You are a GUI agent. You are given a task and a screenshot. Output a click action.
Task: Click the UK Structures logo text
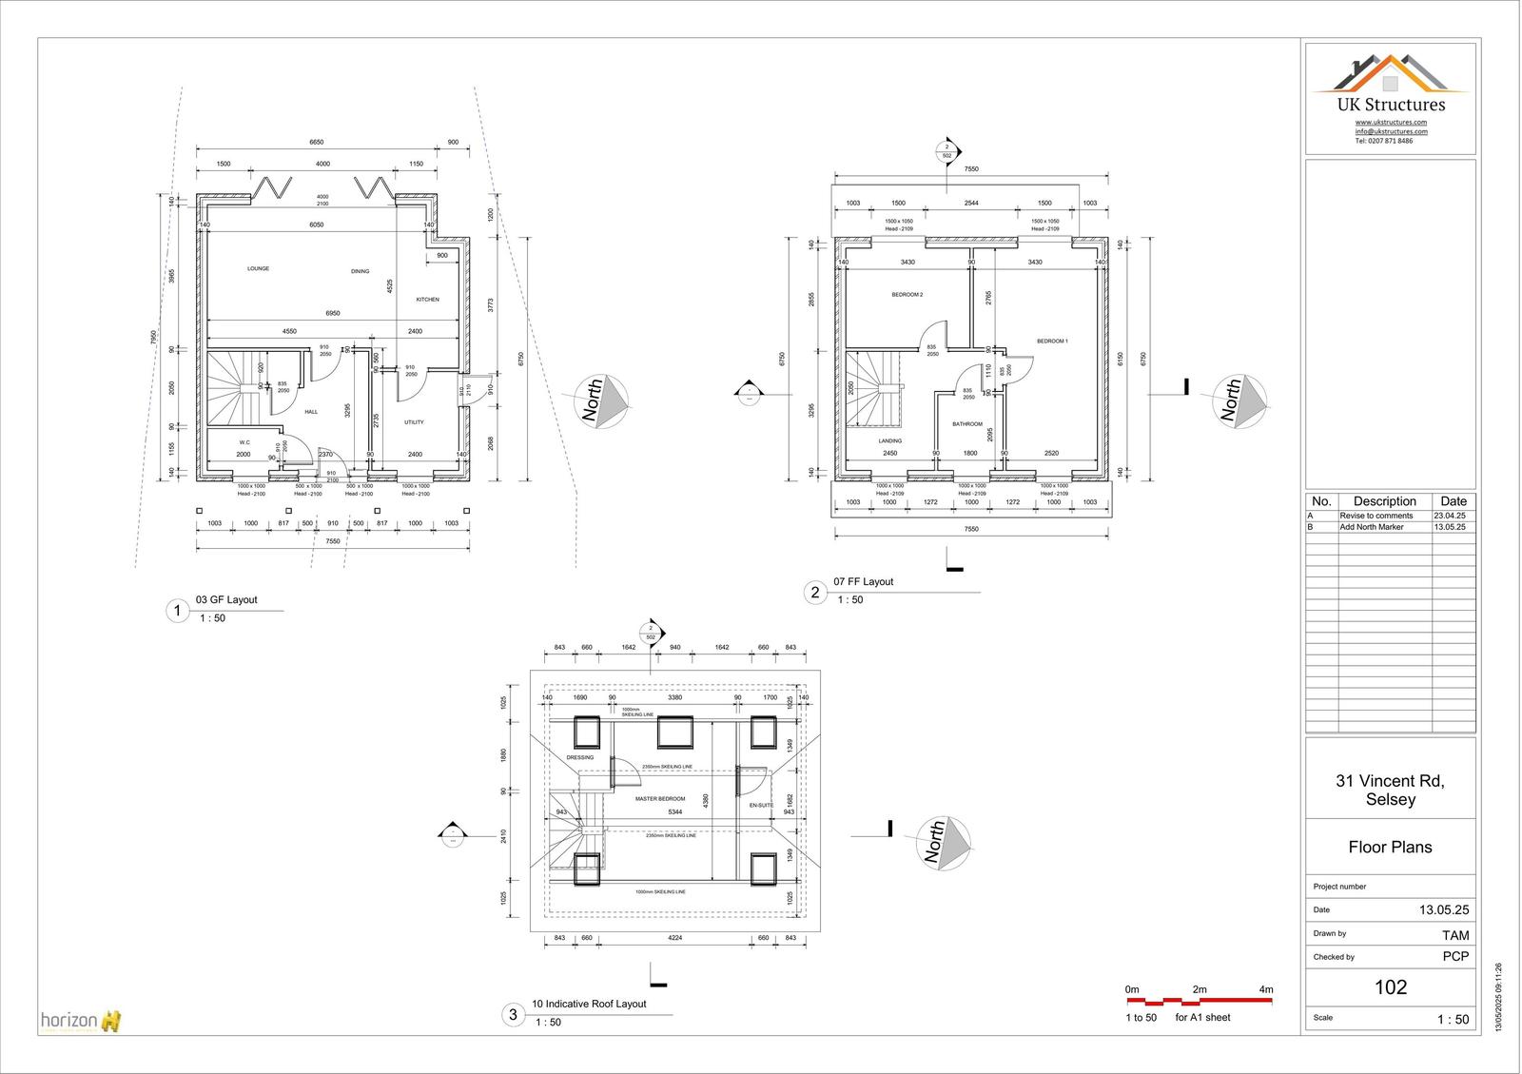coord(1390,106)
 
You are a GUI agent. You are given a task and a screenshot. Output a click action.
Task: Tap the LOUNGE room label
coord(258,269)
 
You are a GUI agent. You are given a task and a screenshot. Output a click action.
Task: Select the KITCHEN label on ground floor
coord(428,300)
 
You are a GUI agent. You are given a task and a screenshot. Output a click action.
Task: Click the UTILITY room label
coord(414,422)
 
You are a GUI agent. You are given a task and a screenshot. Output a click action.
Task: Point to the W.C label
coord(244,442)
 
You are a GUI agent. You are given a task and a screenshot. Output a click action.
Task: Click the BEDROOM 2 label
coord(907,295)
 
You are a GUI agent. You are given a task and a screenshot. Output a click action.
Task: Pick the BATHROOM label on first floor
coord(967,424)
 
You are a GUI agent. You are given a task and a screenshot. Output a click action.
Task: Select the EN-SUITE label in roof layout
coord(761,806)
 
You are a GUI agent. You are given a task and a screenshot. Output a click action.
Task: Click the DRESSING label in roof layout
coord(579,758)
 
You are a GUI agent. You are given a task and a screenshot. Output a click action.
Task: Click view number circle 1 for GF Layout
coord(177,611)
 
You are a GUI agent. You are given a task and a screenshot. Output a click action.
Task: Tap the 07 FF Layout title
coord(863,581)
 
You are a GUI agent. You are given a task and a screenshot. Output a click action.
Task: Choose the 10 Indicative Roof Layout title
coord(589,1004)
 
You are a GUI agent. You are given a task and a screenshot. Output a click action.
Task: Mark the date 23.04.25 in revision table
coord(1450,516)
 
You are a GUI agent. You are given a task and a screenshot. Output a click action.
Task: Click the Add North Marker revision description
coord(1371,527)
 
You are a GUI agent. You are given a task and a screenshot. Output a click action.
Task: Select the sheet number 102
coord(1390,987)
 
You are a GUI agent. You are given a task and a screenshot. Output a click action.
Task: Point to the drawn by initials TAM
coord(1454,935)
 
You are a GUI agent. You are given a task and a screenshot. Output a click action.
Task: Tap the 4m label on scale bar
coord(1265,990)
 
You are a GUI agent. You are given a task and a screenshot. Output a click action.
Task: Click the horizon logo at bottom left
coord(81,1022)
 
